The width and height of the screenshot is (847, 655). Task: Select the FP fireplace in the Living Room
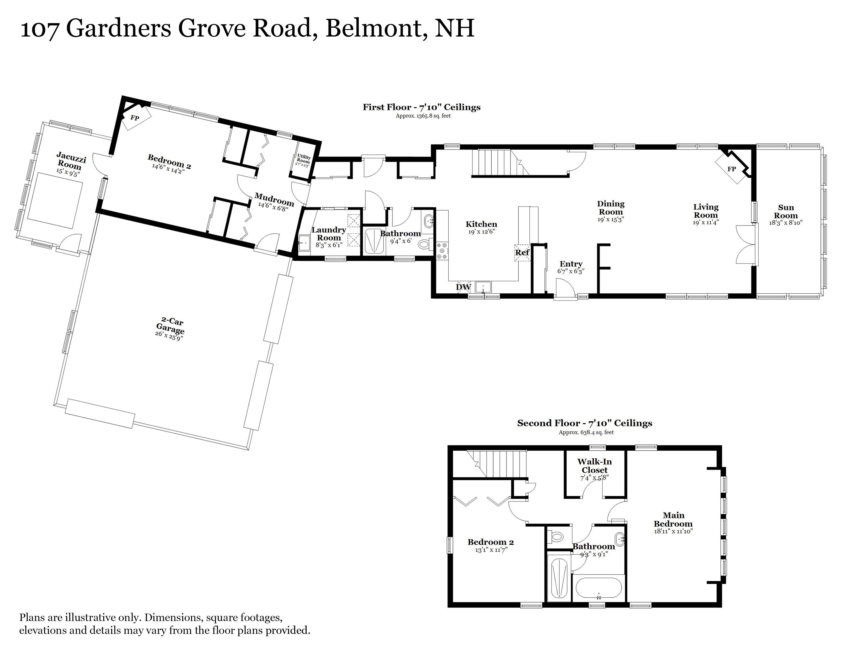click(x=732, y=168)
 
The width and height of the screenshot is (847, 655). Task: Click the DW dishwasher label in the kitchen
click(x=463, y=287)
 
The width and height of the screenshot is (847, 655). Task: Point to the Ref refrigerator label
click(x=522, y=253)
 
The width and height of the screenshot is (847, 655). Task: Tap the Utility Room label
click(x=303, y=159)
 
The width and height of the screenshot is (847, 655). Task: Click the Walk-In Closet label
click(x=595, y=466)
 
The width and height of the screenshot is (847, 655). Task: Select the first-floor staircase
click(x=500, y=163)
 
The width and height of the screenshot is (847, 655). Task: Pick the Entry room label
click(x=571, y=264)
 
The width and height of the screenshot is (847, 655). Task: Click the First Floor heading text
click(x=422, y=107)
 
